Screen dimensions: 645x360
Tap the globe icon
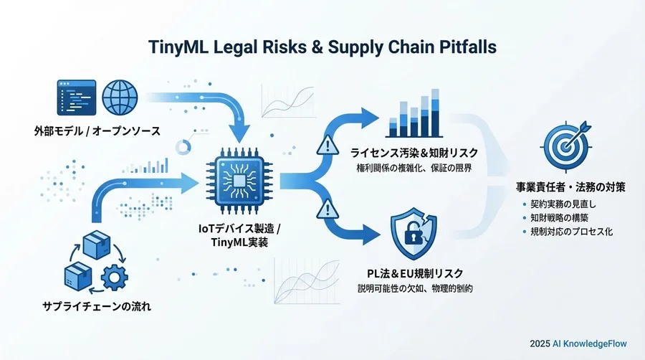tap(120, 98)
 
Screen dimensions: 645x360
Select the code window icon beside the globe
tap(77, 98)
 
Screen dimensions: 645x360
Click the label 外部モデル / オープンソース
tap(97, 131)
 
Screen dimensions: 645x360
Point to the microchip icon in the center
tap(239, 181)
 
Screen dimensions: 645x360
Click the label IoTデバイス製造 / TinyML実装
tap(239, 235)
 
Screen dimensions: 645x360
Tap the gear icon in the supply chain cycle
tap(115, 278)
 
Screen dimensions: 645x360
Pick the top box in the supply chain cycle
tap(97, 245)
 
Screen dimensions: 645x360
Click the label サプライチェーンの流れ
tap(97, 306)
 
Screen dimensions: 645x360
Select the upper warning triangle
tap(328, 146)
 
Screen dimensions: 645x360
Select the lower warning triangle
tap(328, 209)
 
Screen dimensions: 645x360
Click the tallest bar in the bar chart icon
tap(435, 113)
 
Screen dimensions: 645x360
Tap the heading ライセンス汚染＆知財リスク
tap(414, 153)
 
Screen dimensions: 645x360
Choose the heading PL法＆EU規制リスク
tap(415, 273)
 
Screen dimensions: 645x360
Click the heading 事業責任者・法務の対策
tap(570, 187)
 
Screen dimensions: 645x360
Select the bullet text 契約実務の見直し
tap(563, 204)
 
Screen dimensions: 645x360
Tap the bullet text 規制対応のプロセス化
tap(571, 232)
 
